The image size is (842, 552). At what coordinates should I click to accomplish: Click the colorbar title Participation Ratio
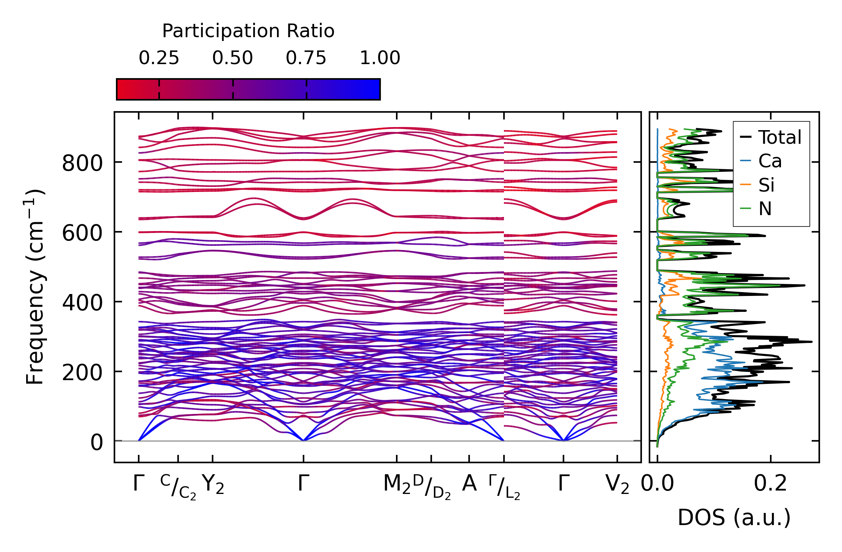point(248,31)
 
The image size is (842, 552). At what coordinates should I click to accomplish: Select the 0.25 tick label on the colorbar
point(159,58)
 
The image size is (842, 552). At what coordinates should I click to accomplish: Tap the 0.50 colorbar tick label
point(232,58)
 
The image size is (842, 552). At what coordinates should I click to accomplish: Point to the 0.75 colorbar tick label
point(306,58)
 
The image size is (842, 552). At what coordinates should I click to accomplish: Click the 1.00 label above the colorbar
point(380,58)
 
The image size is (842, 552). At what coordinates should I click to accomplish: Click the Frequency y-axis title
point(35,287)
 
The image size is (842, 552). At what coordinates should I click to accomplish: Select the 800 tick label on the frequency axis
point(82,164)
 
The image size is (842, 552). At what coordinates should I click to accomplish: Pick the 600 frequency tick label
point(82,233)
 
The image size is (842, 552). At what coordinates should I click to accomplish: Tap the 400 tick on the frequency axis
point(82,303)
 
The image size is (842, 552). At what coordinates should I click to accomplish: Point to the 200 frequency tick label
point(82,373)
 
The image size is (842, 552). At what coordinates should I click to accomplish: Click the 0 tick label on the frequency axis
point(96,443)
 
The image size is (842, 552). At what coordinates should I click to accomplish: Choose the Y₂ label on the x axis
point(213,484)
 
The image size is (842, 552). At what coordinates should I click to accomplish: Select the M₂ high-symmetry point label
point(396,484)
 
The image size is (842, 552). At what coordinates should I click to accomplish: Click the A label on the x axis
point(469,484)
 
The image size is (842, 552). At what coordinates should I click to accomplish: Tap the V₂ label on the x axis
point(617,484)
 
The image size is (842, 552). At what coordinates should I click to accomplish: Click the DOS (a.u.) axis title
point(734,518)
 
